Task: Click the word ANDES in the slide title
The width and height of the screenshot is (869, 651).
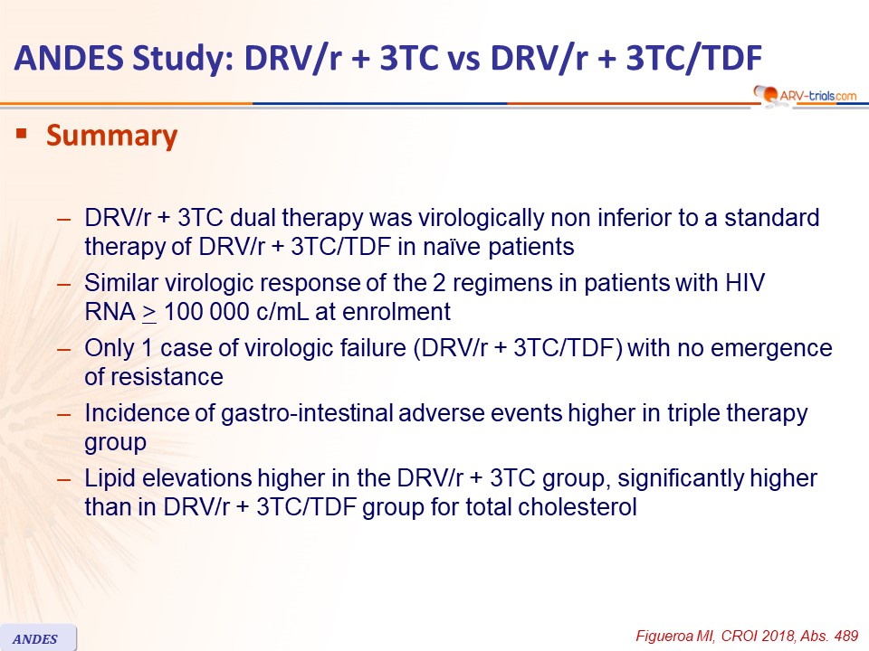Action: (x=70, y=58)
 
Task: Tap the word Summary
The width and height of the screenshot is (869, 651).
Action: (x=112, y=137)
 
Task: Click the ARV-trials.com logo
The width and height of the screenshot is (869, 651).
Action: (x=805, y=95)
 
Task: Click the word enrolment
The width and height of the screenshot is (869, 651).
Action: (x=396, y=312)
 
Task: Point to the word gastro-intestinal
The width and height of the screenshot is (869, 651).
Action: (x=307, y=413)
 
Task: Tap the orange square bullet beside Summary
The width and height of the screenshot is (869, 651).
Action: (x=22, y=134)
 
